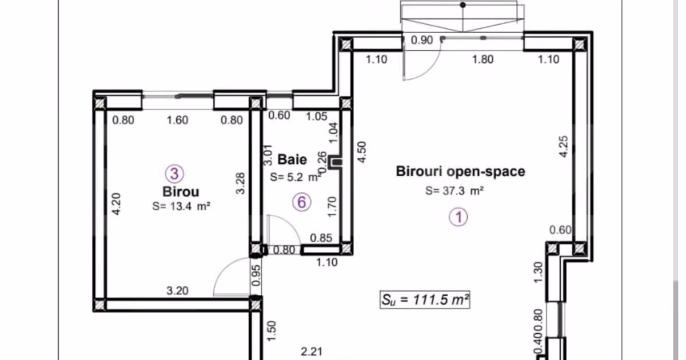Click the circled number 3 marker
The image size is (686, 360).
click(174, 174)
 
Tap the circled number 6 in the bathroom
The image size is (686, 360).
click(302, 202)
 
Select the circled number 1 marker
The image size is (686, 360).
click(458, 217)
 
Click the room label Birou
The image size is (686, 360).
click(181, 191)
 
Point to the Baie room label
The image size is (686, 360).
click(292, 159)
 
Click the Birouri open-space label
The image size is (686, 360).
click(461, 171)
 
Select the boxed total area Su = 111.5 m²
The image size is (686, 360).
click(425, 299)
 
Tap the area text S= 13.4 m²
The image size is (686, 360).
click(181, 206)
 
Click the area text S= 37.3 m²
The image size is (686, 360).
click(454, 191)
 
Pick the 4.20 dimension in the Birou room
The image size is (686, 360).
click(116, 204)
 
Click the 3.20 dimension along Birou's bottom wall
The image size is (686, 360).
click(178, 290)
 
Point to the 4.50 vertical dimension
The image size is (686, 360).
click(362, 152)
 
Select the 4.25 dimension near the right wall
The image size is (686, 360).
click(564, 147)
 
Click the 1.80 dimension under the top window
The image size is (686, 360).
click(483, 59)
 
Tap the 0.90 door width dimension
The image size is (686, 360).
click(422, 40)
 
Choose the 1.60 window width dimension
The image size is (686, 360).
click(178, 120)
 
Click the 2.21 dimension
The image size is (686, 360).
click(312, 352)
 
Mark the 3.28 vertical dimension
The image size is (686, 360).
click(241, 183)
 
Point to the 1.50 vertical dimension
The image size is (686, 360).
click(272, 331)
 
